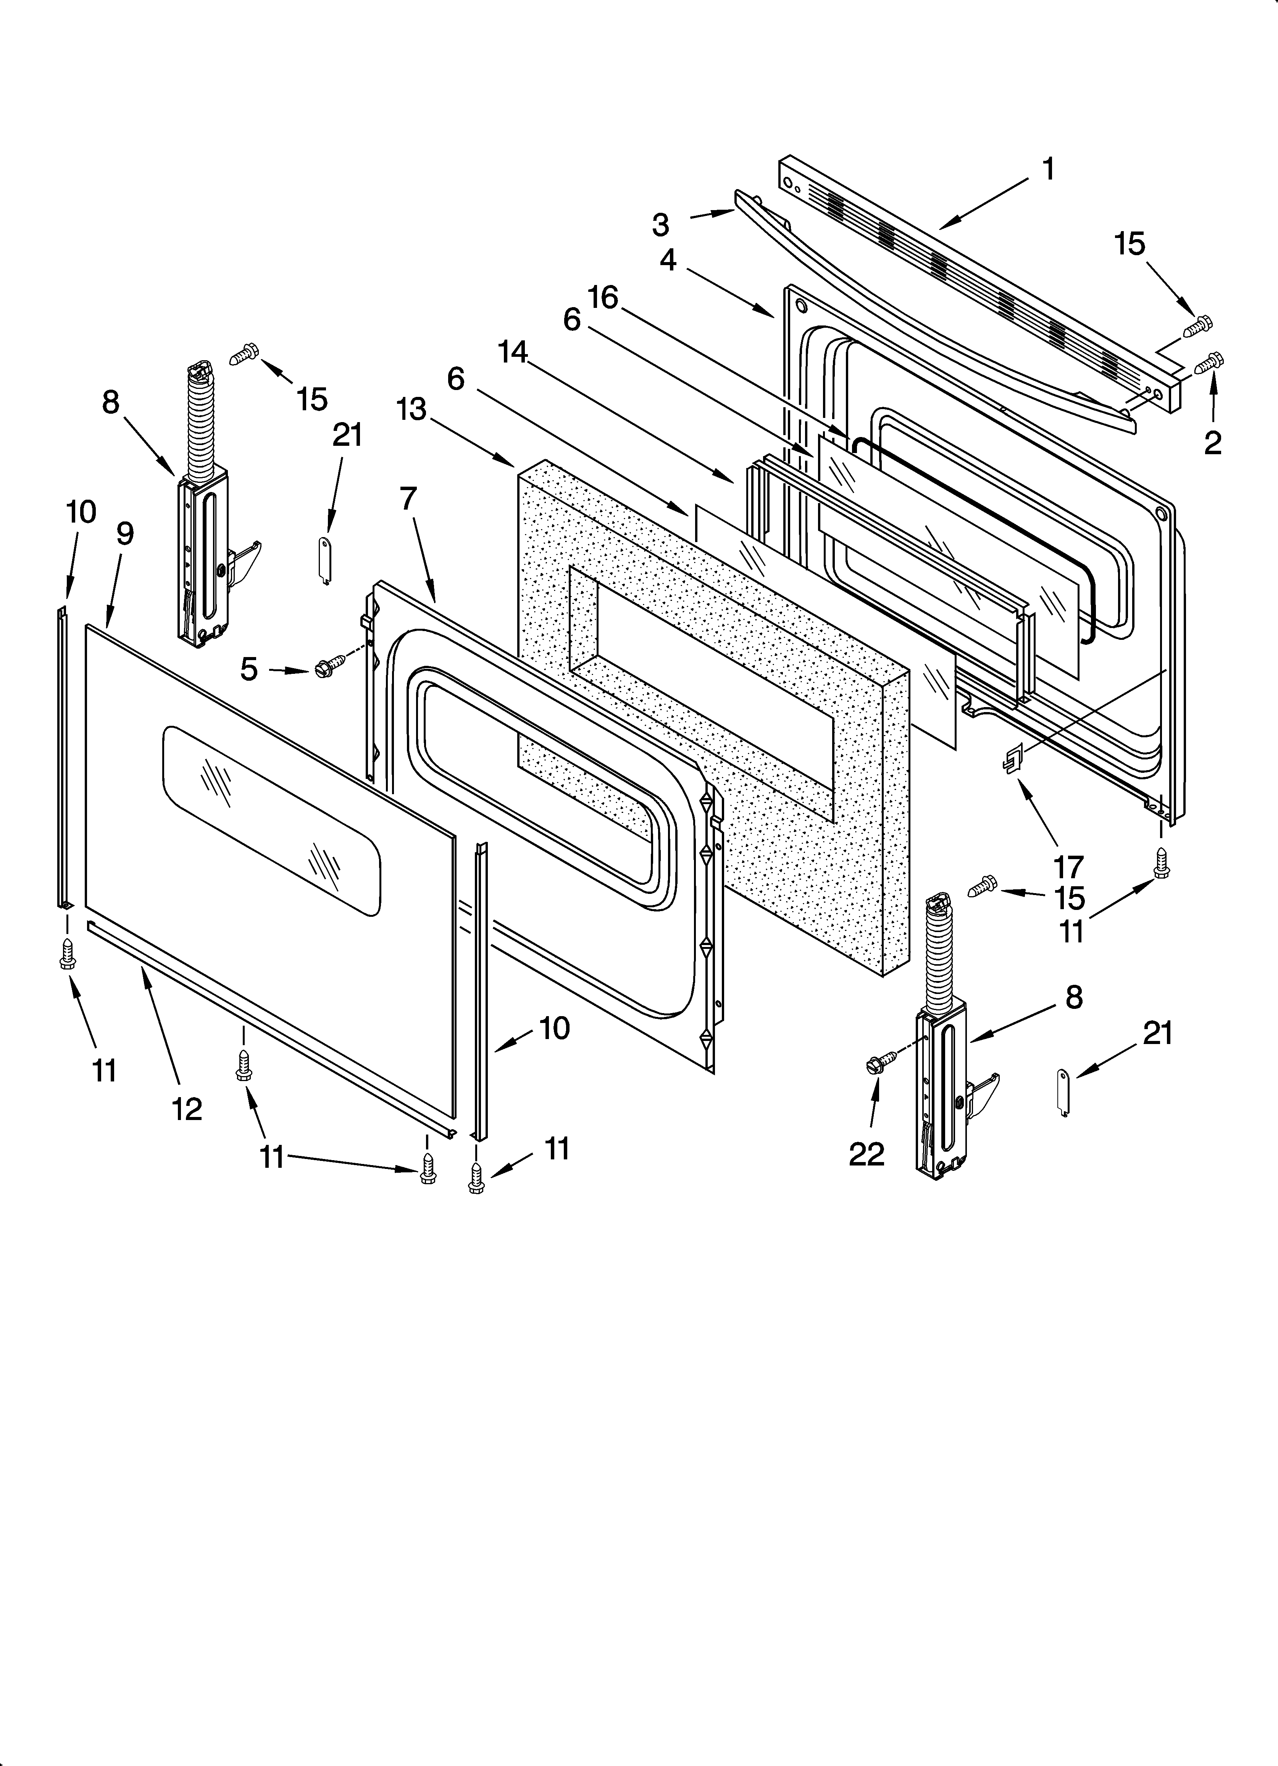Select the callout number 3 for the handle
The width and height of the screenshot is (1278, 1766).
(x=660, y=225)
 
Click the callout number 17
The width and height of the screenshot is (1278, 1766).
(x=1068, y=867)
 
